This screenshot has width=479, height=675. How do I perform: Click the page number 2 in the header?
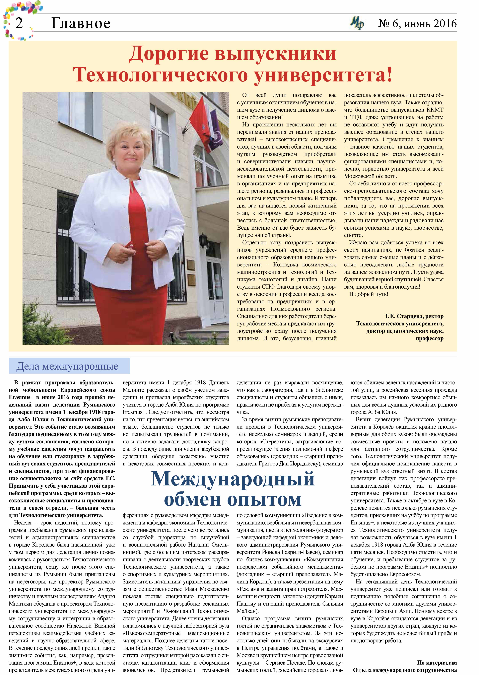pyautogui.click(x=19, y=23)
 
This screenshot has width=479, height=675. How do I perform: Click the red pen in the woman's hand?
pyautogui.click(x=129, y=245)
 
